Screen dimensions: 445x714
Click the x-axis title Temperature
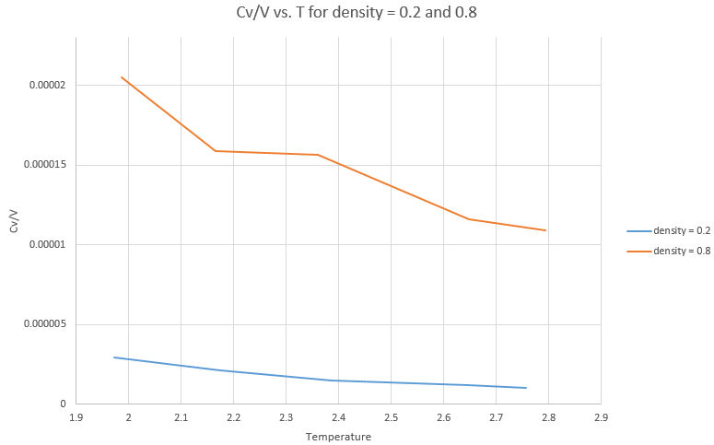[338, 437]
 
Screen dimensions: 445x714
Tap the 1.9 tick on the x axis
[76, 417]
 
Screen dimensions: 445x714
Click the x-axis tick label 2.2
[234, 417]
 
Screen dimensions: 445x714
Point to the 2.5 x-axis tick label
[391, 417]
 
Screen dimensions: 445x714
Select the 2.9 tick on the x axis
[601, 417]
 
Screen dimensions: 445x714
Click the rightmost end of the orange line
[546, 230]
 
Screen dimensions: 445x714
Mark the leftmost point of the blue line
[114, 357]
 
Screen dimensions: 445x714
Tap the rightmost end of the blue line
[526, 388]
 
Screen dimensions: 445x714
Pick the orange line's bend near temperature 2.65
[470, 219]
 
